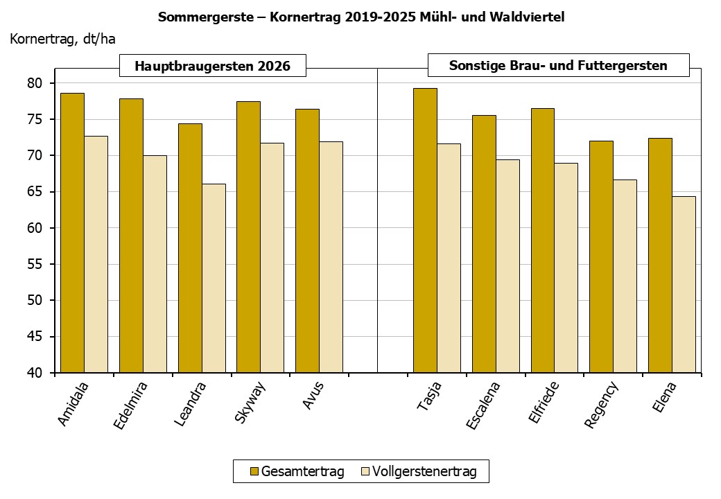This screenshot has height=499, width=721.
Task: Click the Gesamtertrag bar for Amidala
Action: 72,233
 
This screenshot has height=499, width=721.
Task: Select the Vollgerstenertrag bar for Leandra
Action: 214,278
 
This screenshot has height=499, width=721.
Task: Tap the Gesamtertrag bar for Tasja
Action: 425,230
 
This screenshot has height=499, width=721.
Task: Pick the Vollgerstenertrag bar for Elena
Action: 684,284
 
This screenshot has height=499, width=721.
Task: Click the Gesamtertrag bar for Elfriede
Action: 542,240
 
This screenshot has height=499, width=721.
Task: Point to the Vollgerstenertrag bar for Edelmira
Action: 155,264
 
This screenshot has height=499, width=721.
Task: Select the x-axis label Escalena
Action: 483,405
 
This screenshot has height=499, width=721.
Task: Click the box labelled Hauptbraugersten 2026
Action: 212,66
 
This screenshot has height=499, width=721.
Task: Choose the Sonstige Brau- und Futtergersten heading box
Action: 558,66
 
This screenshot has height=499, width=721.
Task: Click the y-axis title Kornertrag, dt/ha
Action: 62,39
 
